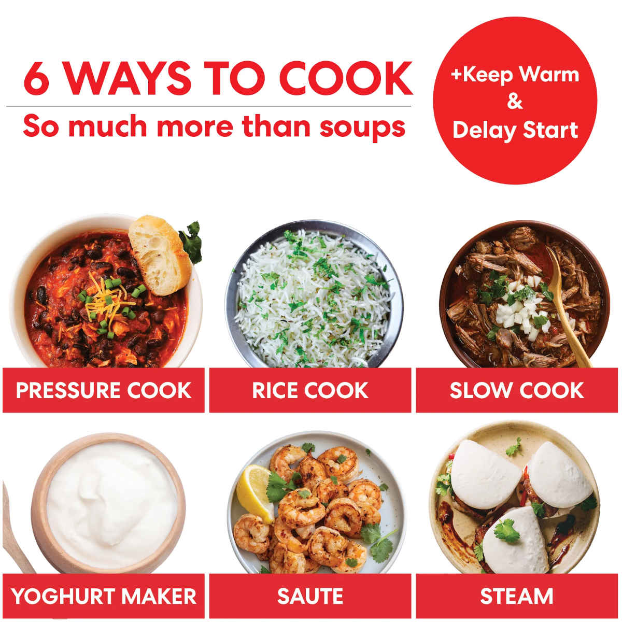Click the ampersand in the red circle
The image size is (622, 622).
pos(515,102)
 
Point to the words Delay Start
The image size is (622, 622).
pos(515,130)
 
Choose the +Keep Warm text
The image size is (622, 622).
pos(515,74)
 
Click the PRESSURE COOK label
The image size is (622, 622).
pos(104,390)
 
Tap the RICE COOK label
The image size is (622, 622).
pos(310,390)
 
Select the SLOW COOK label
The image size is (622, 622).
pos(516,390)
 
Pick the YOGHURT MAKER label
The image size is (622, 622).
pos(104,596)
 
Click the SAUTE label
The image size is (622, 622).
pos(310,596)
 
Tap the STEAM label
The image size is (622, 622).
pos(516,596)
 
